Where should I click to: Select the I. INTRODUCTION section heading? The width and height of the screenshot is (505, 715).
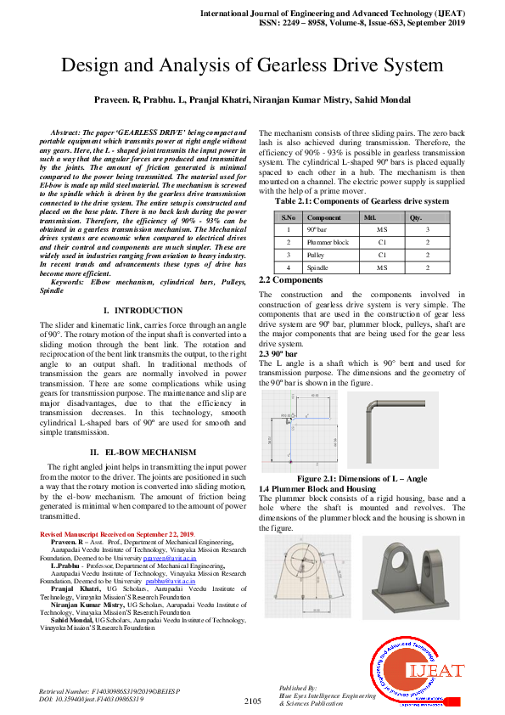point(143,311)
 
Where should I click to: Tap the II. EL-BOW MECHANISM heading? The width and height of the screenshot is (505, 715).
point(143,452)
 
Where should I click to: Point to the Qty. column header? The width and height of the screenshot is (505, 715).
point(416,217)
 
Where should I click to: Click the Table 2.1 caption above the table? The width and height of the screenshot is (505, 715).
point(361,201)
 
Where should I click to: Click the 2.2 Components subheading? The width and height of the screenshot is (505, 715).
point(290,279)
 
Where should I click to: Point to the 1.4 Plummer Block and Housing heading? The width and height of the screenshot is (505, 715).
point(317,488)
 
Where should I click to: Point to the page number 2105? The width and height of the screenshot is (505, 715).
point(252,701)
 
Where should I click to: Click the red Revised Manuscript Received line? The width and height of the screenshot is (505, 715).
point(116,533)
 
